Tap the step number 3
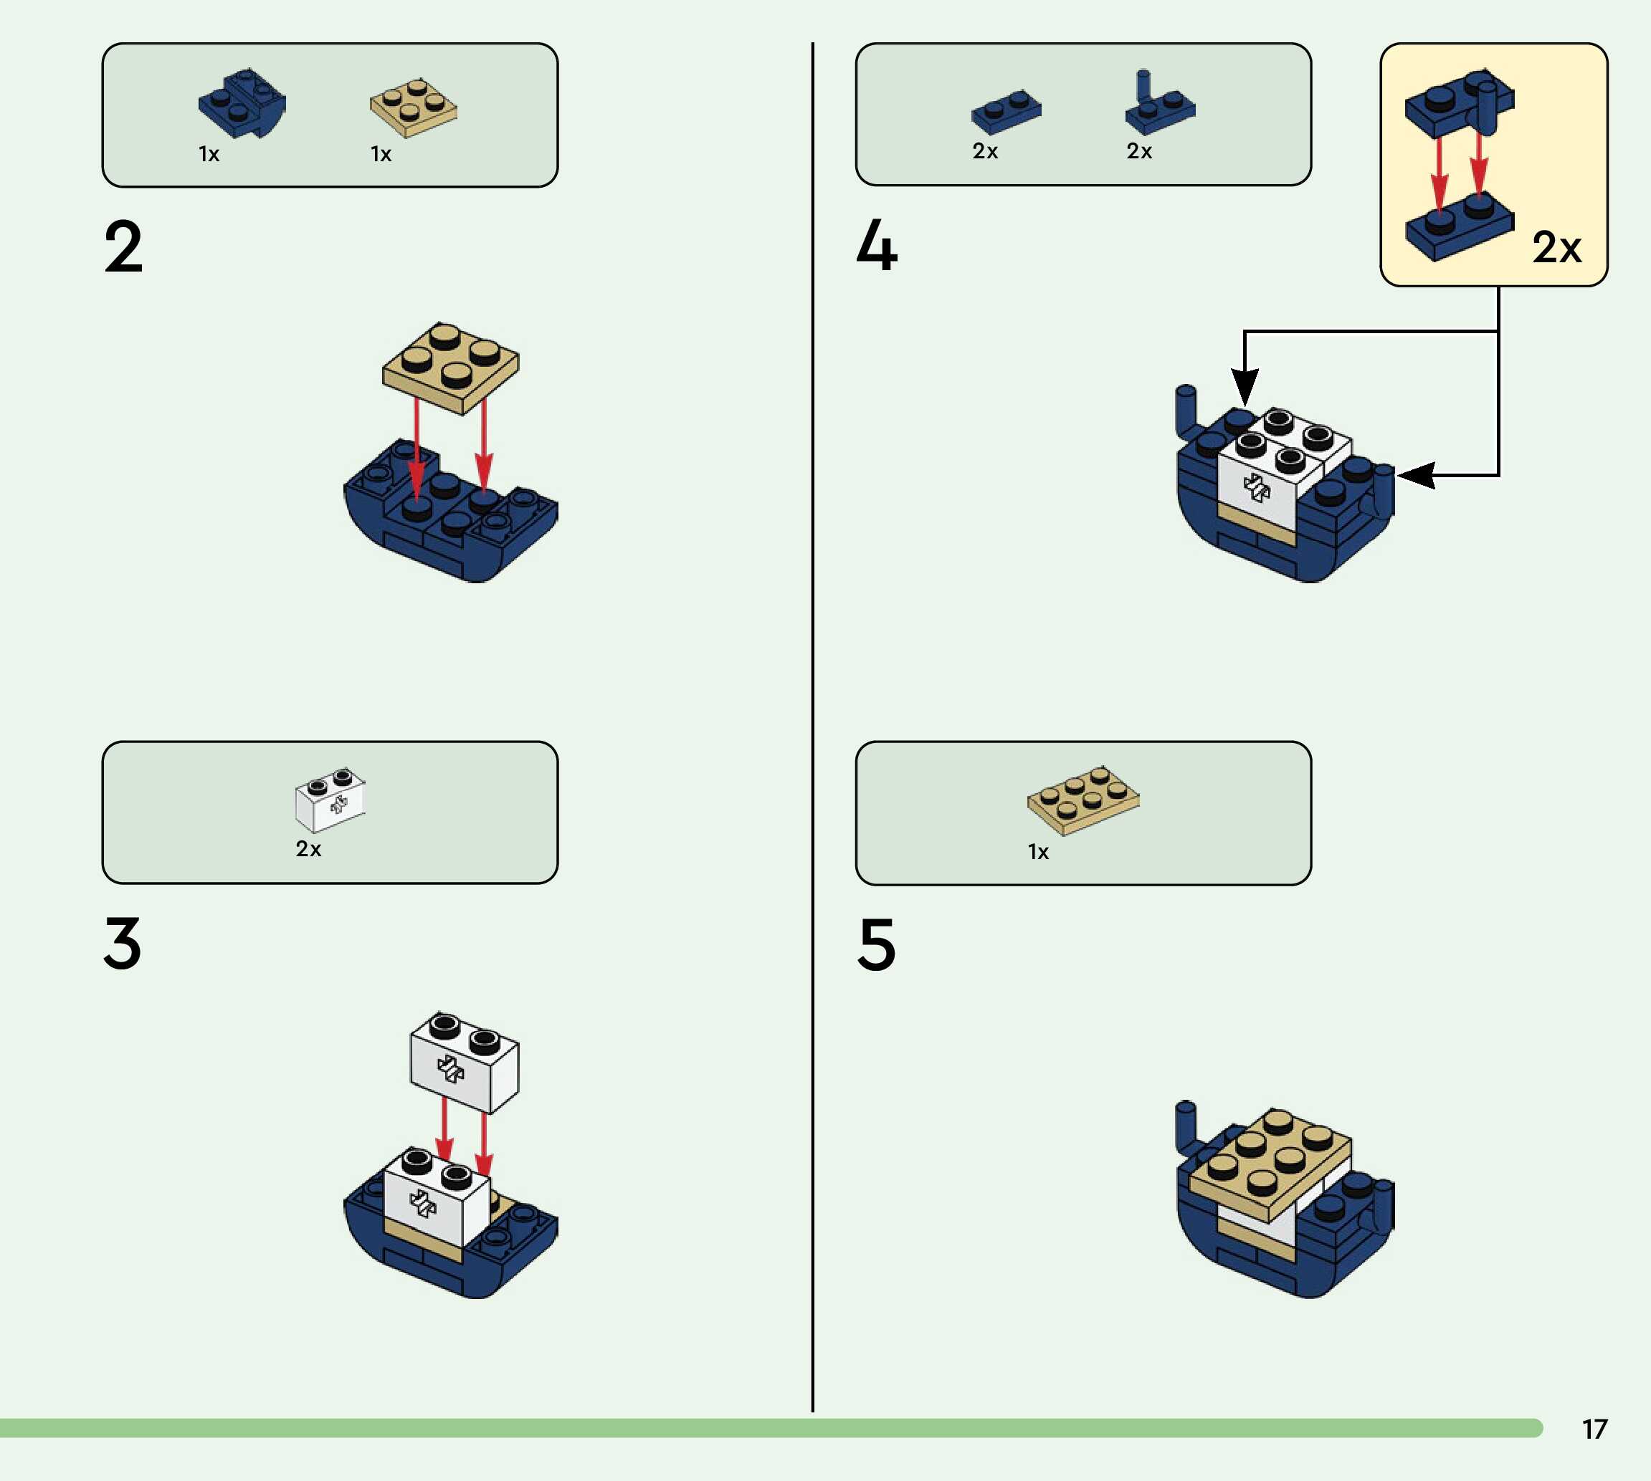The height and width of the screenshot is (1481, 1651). (x=123, y=943)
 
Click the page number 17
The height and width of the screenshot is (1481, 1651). (x=1594, y=1429)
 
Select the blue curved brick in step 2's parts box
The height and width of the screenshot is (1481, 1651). (x=242, y=103)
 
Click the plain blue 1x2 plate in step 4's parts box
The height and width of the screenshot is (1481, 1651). (x=1007, y=112)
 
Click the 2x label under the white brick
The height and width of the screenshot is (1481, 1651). (x=308, y=849)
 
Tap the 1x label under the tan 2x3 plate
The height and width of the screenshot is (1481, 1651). (x=1038, y=852)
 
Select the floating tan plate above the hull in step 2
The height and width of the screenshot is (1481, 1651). (x=450, y=367)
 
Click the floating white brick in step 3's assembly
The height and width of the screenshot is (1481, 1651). (x=464, y=1063)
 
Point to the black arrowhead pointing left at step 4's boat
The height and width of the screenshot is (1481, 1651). (x=1417, y=474)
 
